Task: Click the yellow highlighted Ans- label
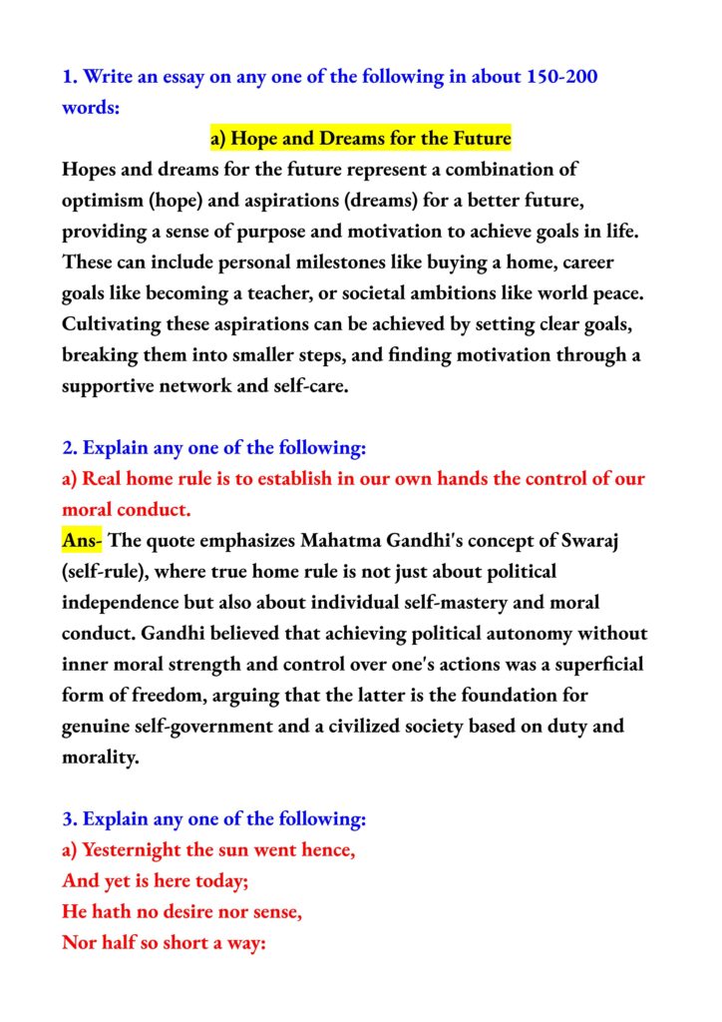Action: (x=82, y=541)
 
